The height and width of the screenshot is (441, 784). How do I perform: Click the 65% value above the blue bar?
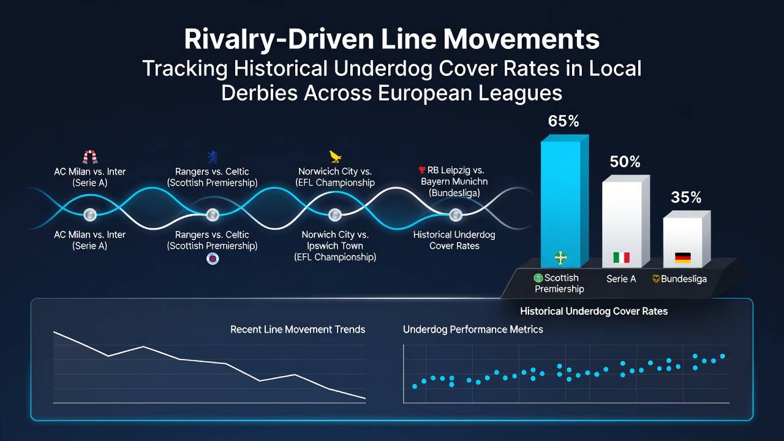tap(563, 121)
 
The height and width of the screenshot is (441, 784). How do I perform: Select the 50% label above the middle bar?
tap(625, 162)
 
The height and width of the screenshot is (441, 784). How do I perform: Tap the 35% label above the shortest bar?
tap(686, 197)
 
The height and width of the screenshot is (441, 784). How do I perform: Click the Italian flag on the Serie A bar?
tap(622, 258)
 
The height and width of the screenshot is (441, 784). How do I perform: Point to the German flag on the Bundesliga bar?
tap(683, 258)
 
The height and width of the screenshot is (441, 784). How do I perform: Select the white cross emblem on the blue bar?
tap(560, 258)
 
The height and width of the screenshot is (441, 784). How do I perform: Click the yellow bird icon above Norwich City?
tap(335, 156)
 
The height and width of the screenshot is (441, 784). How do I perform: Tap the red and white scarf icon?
tap(90, 157)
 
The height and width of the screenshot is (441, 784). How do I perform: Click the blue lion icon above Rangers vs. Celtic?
tap(213, 157)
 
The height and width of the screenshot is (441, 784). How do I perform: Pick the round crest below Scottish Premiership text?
tap(213, 258)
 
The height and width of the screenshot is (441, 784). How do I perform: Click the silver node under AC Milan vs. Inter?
tap(90, 214)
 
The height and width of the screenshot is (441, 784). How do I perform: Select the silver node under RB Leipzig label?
tap(456, 215)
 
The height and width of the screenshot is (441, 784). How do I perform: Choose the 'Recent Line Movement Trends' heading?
tap(298, 330)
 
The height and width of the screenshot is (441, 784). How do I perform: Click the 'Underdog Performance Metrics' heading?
tap(473, 330)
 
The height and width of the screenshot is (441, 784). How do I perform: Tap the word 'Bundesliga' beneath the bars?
tap(684, 279)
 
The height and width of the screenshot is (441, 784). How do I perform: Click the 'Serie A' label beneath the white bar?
tap(621, 279)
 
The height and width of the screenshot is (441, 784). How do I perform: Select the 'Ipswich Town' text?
tap(335, 246)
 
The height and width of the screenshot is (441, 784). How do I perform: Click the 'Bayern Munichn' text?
tap(454, 181)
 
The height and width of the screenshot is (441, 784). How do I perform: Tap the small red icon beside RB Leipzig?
tap(422, 170)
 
